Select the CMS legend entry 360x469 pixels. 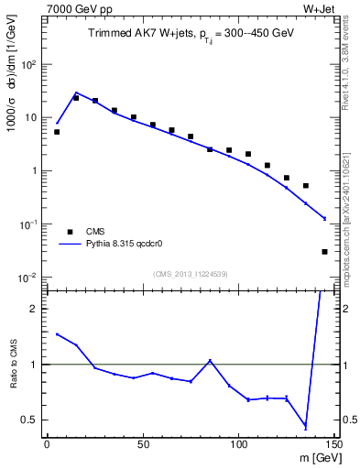click(95, 232)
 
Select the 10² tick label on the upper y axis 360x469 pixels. click(29, 64)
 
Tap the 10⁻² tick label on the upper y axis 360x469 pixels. click(29, 278)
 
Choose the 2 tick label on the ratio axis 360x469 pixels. click(36, 309)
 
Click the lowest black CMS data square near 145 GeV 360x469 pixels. click(324, 251)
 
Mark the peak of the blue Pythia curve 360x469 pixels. click(76, 93)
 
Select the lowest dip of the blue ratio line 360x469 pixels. click(305, 427)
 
